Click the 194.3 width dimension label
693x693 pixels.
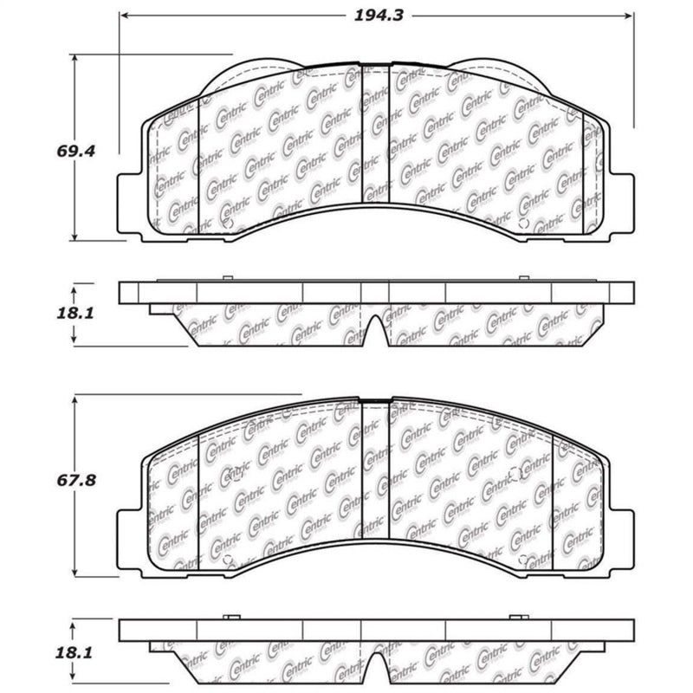(374, 15)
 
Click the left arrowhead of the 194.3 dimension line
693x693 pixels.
(123, 16)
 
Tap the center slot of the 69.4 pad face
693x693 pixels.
(374, 134)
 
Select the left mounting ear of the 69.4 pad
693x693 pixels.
(130, 204)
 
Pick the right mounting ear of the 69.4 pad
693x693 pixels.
(620, 204)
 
